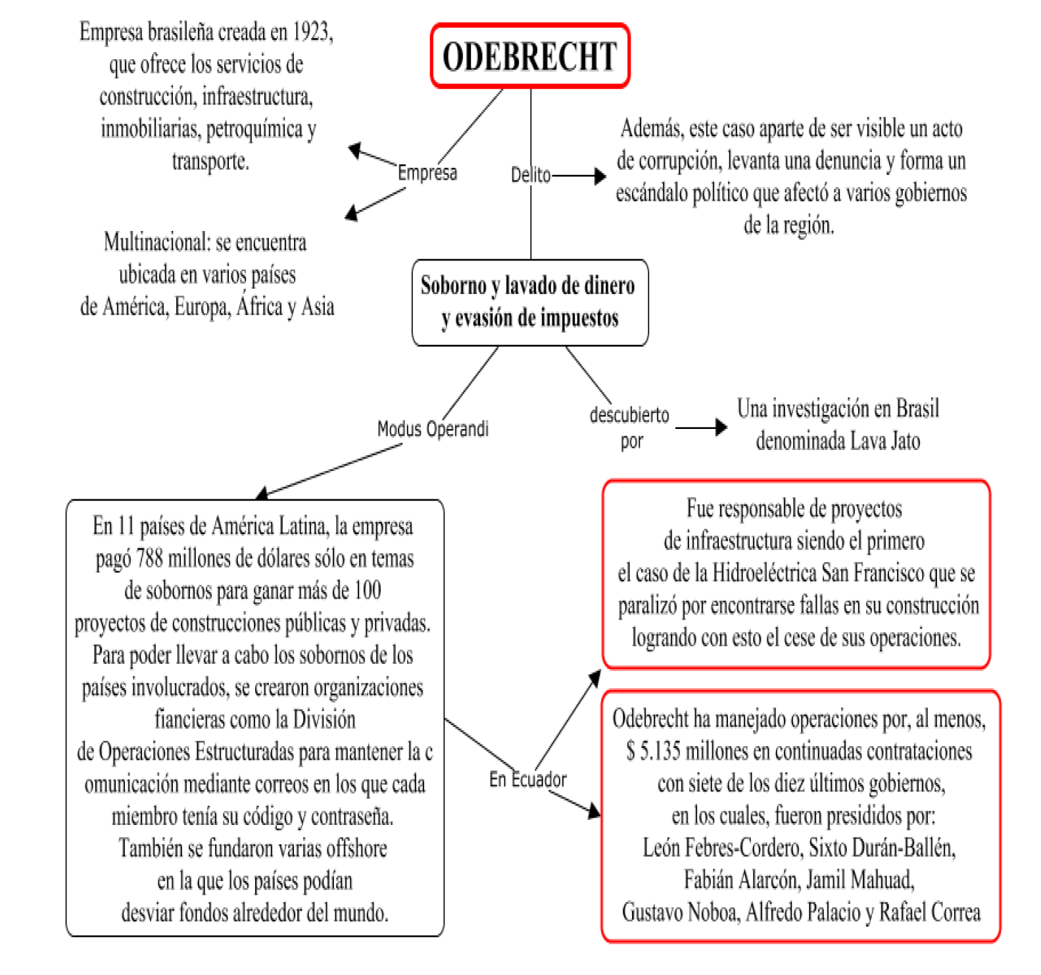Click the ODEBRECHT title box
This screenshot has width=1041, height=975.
click(530, 56)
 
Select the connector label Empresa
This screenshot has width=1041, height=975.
click(427, 173)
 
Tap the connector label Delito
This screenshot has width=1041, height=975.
click(531, 175)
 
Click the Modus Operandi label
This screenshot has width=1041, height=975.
click(433, 429)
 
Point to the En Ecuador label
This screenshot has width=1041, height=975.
click(527, 780)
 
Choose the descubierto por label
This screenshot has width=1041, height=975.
click(629, 428)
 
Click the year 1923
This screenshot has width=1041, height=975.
click(311, 32)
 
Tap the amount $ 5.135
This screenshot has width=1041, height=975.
click(654, 751)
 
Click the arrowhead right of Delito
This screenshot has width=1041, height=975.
click(599, 176)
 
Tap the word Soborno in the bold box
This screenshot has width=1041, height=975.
click(453, 286)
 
